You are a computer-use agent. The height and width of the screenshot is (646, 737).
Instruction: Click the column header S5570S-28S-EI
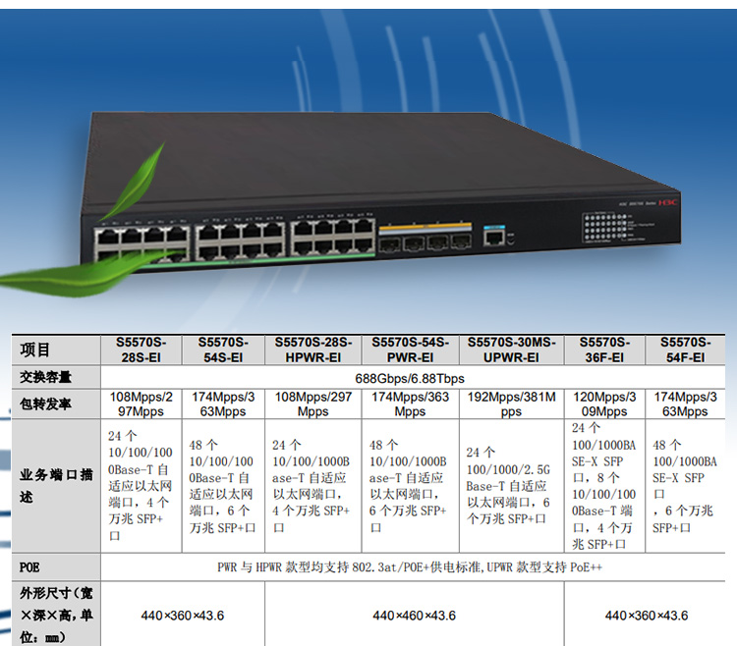[142, 350]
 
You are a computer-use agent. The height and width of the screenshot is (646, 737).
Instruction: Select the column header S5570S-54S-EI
[223, 350]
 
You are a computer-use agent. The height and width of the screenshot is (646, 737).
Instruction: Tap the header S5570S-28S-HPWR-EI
[313, 350]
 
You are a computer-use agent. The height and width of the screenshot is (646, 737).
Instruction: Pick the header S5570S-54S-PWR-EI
[410, 350]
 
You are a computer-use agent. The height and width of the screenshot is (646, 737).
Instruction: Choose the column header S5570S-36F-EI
[604, 350]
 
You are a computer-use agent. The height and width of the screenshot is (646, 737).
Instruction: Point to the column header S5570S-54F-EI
[684, 350]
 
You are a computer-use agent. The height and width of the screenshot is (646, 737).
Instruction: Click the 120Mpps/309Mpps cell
[604, 404]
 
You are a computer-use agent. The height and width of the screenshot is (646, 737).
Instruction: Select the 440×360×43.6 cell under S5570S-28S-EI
[183, 615]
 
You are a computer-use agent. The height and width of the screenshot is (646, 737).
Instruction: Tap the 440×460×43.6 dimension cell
[414, 615]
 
